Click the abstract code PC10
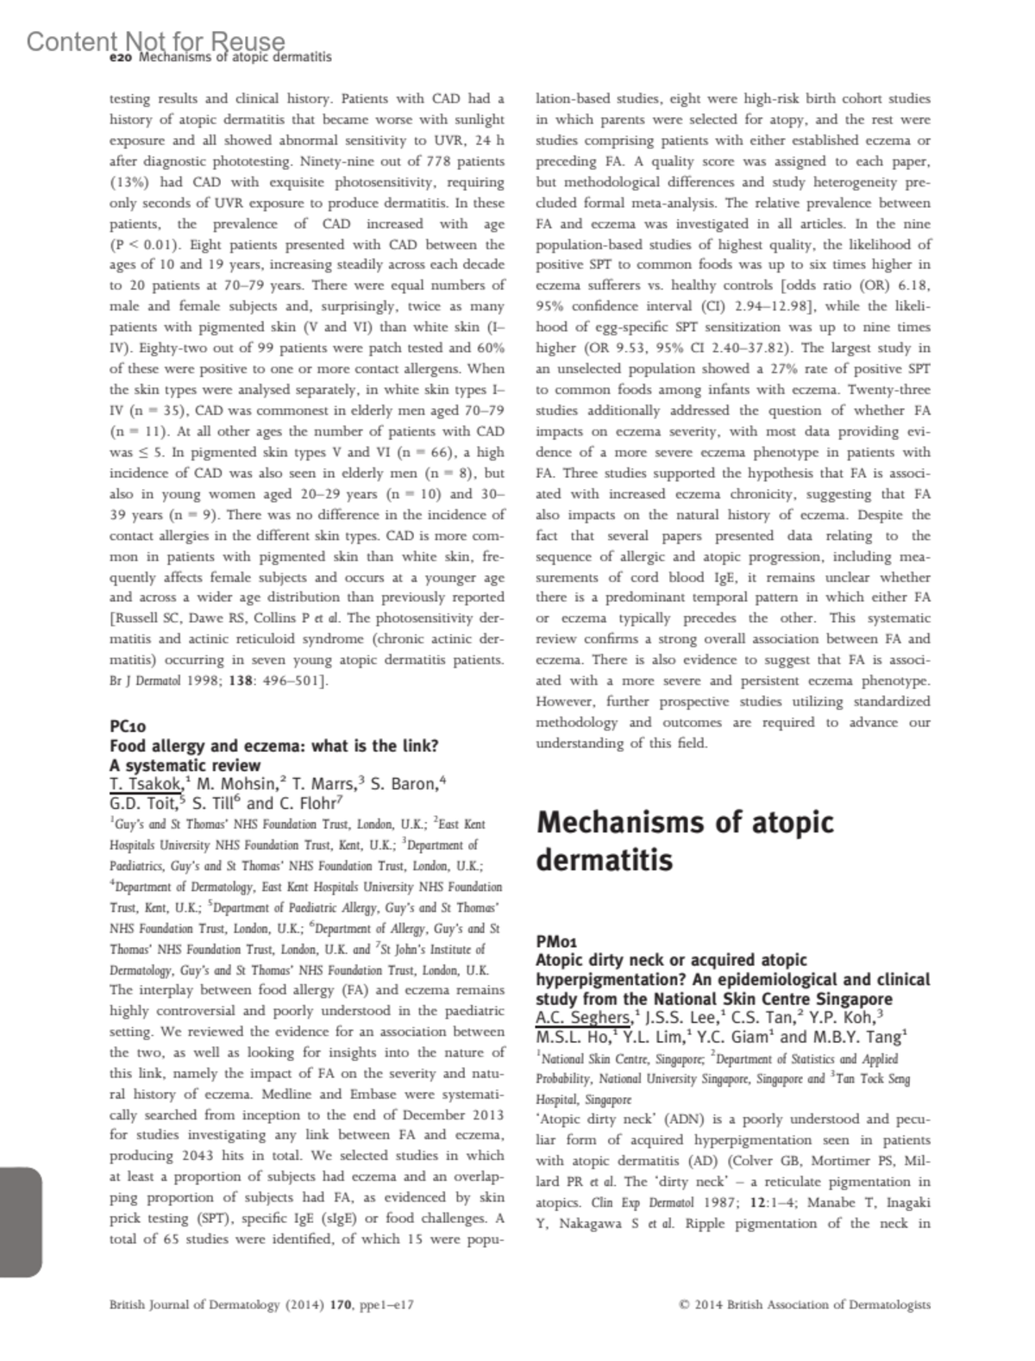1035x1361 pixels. click(x=129, y=726)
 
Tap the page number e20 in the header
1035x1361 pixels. click(x=122, y=58)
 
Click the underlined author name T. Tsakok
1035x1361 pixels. click(x=146, y=784)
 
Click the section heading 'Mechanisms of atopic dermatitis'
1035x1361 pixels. click(x=685, y=841)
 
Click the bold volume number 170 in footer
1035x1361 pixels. click(x=341, y=1305)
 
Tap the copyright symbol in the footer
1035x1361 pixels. click(x=685, y=1305)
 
